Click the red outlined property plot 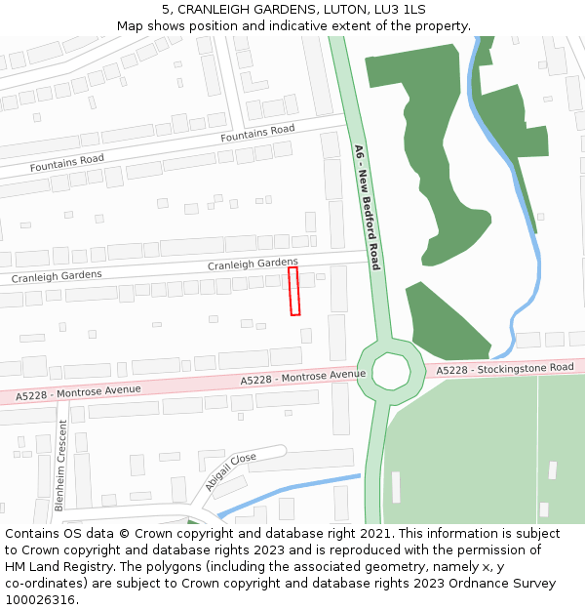(293, 291)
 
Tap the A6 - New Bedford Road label (367, 207)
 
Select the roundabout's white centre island (392, 370)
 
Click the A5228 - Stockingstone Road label (504, 369)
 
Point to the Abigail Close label (230, 471)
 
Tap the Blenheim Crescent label (60, 465)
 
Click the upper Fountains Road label (257, 133)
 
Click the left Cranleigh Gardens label (57, 277)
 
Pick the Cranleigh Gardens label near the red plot (253, 264)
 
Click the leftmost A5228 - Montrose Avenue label (78, 392)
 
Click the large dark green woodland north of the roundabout (434, 146)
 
